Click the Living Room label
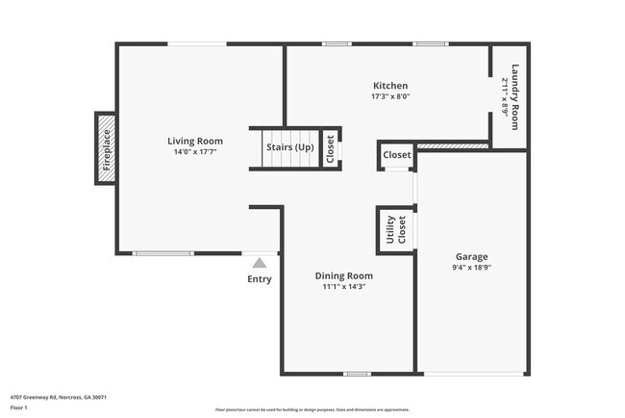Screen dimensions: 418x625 (188, 141)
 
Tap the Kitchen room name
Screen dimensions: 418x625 (390, 86)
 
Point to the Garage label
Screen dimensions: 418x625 (471, 256)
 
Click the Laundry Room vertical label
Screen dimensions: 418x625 (515, 96)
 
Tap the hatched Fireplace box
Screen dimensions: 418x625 (106, 148)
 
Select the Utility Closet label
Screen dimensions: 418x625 (396, 231)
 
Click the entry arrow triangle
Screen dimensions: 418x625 (259, 261)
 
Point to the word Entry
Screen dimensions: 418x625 (260, 279)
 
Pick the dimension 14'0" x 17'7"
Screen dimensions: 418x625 (188, 152)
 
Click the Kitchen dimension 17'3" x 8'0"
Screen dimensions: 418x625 (390, 96)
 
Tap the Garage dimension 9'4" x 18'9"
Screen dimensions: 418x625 (471, 268)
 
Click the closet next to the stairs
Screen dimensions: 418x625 (330, 150)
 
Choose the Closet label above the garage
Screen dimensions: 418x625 (397, 154)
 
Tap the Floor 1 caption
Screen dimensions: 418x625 (19, 406)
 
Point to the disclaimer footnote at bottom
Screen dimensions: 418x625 (312, 408)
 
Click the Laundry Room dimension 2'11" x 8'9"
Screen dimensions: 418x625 (505, 96)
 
